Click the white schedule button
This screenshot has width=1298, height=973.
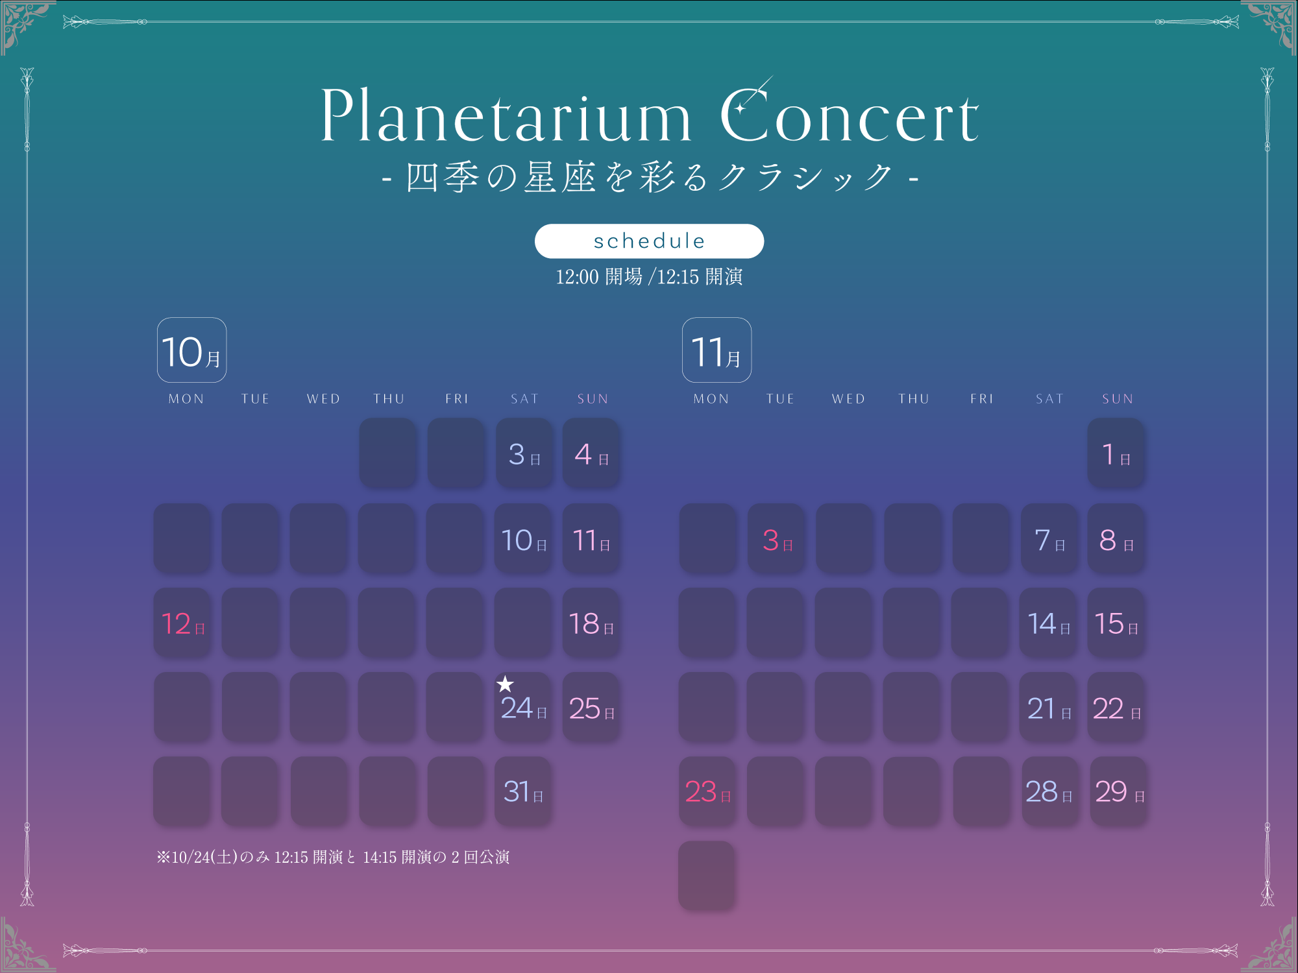coord(649,241)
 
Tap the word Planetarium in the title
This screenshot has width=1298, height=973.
coord(506,115)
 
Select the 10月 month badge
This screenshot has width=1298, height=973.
coord(191,350)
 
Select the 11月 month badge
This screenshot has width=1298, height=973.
coord(716,350)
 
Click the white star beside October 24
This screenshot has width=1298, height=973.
coord(505,684)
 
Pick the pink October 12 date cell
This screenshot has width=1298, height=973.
coord(182,623)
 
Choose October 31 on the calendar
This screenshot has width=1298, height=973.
coord(523,791)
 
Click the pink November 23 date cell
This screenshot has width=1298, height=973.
coord(707,791)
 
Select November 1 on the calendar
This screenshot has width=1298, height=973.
coord(1116,453)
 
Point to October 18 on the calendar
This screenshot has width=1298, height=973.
coord(591,623)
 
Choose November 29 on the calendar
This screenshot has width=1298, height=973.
coord(1119,791)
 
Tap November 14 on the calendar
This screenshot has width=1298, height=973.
coord(1049,623)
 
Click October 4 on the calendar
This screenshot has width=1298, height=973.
coord(591,453)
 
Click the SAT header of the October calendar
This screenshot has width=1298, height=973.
coord(524,399)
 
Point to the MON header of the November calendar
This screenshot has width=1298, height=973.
coord(711,399)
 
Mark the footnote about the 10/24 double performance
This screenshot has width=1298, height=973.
coord(333,857)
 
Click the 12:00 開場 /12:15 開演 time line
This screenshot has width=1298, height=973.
coord(649,277)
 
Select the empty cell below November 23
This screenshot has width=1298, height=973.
coord(707,876)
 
